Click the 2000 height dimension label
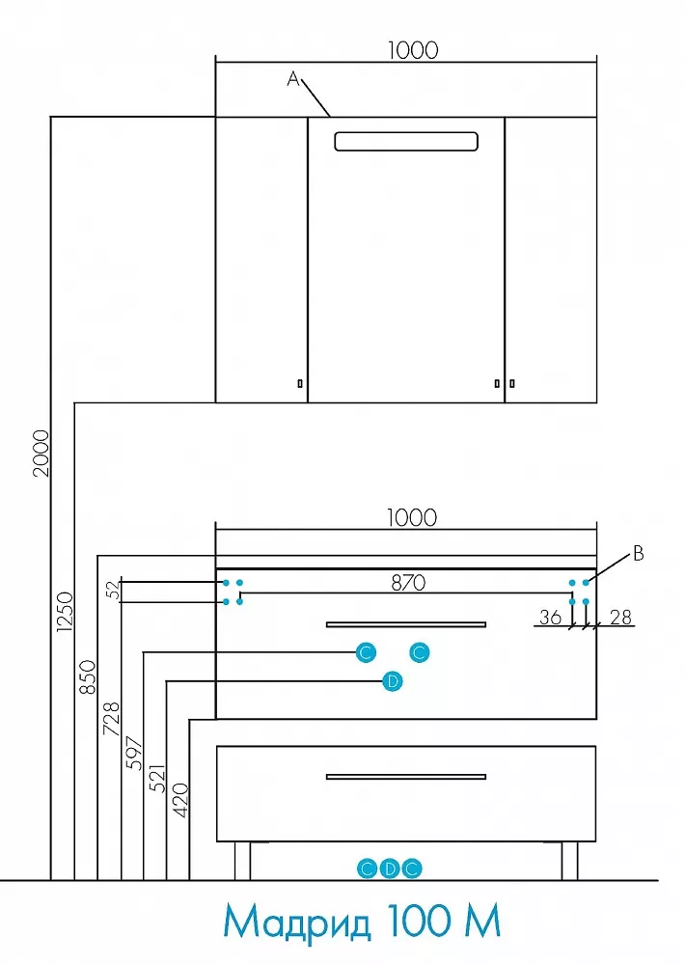point(41,454)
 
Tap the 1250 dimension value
point(65,612)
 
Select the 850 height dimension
point(88,677)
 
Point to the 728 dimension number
point(111,718)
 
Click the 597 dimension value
point(134,753)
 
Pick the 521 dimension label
point(157,778)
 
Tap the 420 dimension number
point(180,800)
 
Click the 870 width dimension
point(408,582)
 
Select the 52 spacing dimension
point(114,591)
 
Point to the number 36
point(551,617)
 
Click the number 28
point(620,617)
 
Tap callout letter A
point(293,79)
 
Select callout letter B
point(639,553)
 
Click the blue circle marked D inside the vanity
point(393,681)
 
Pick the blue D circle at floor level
point(390,868)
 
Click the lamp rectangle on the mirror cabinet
point(406,142)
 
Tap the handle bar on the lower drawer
point(406,777)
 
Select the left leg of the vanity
point(242,861)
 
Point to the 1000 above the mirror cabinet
point(413,50)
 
